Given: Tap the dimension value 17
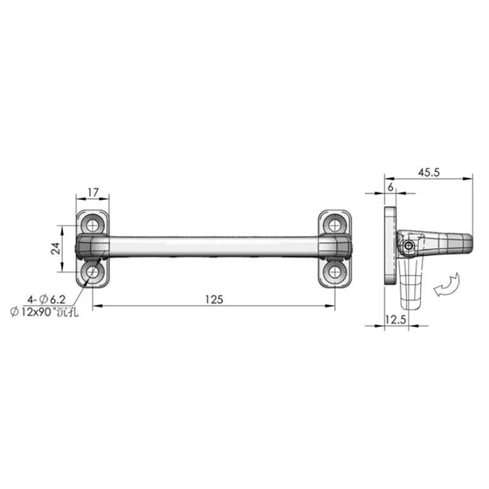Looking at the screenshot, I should click(93, 193).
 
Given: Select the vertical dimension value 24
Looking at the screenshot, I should click(55, 248).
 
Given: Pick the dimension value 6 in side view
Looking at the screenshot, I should click(391, 188).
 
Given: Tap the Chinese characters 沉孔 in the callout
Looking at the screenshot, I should click(71, 311).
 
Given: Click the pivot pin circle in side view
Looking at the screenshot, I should click(408, 246).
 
